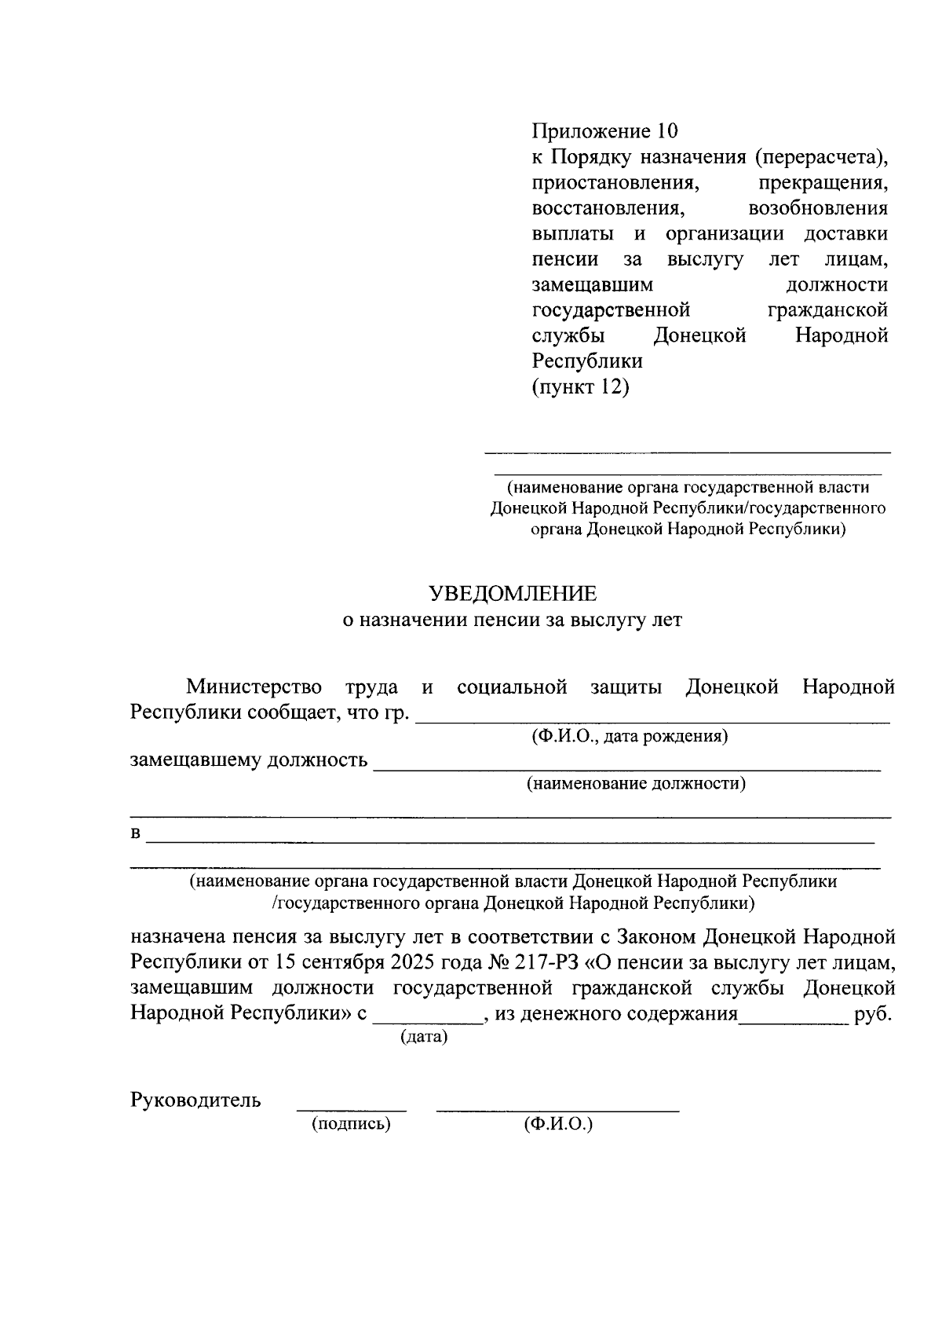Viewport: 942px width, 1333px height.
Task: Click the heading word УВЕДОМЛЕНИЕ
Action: (x=511, y=593)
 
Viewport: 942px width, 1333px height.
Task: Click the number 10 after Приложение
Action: (x=667, y=130)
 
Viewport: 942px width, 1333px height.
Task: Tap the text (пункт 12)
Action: (x=581, y=387)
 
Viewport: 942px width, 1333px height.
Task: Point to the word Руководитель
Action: (x=195, y=1100)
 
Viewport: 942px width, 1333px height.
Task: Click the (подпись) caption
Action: (x=351, y=1124)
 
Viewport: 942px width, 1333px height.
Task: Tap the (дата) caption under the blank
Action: (x=424, y=1038)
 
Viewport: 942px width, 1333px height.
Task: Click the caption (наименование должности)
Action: (x=636, y=783)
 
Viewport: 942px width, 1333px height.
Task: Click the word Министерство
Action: (x=254, y=687)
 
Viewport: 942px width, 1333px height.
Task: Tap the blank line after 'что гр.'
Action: (x=652, y=719)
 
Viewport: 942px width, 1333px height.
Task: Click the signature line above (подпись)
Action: (x=351, y=1109)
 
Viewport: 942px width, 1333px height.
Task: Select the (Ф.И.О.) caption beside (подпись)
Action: (x=558, y=1124)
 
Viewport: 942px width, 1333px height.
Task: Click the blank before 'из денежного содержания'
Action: (x=428, y=1021)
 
